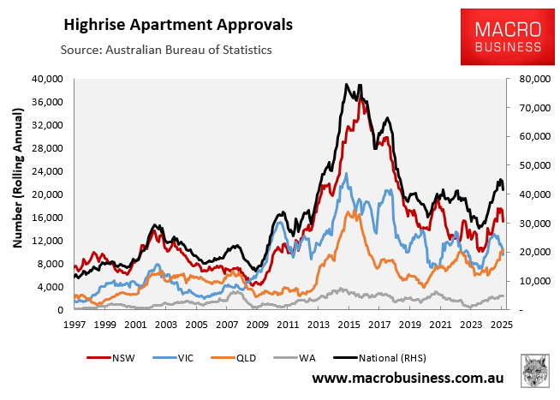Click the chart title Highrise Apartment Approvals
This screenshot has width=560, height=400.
click(176, 24)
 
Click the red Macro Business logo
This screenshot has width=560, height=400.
click(503, 37)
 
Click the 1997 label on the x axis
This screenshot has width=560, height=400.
click(74, 325)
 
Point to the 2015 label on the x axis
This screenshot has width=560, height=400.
click(349, 325)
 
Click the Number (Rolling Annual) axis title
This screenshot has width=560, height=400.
click(17, 194)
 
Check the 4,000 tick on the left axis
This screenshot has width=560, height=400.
click(51, 287)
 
